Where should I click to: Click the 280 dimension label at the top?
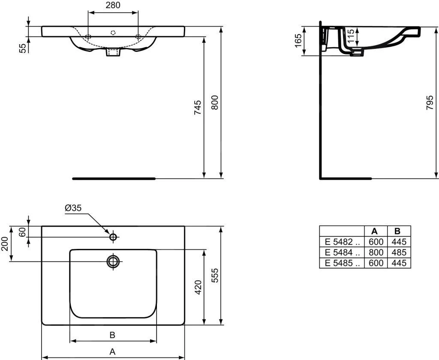(113, 5)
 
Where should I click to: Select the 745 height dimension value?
(198, 107)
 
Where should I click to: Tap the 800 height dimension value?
(214, 103)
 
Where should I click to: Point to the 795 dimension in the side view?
(430, 103)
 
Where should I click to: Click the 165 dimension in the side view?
(298, 41)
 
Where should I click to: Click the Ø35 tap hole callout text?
(73, 208)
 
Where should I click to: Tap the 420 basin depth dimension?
(198, 287)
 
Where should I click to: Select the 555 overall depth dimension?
(214, 275)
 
